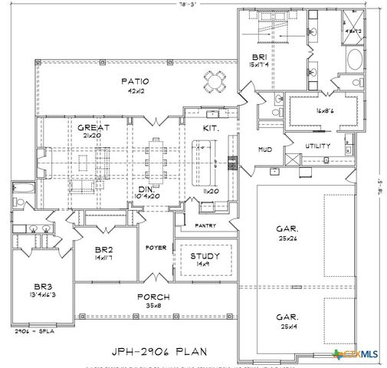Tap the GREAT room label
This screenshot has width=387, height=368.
[x=93, y=127]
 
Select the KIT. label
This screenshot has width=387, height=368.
[x=211, y=128]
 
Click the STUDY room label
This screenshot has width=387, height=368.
[x=205, y=256]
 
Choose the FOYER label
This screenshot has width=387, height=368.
[x=156, y=248]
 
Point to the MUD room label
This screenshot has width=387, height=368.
[x=265, y=149]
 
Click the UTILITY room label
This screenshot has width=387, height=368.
[x=317, y=145]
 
